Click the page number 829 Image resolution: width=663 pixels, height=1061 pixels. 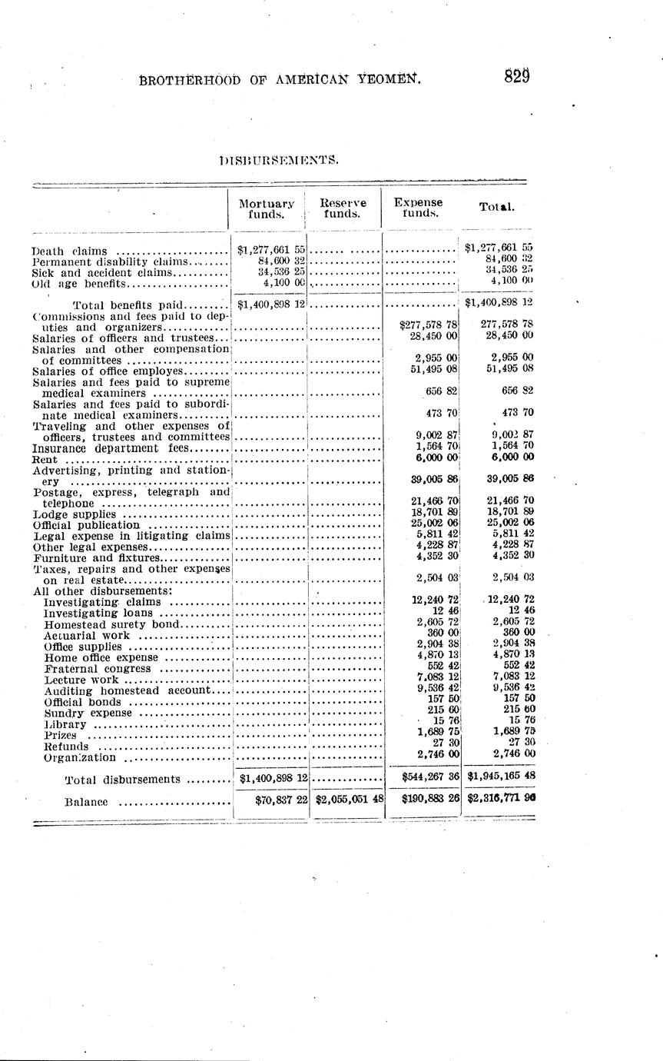click(x=518, y=76)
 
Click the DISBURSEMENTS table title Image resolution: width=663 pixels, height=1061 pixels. click(x=278, y=160)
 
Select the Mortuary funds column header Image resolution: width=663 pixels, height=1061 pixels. click(x=267, y=208)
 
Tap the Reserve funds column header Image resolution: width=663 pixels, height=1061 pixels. click(x=343, y=208)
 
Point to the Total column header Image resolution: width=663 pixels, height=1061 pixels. click(x=496, y=207)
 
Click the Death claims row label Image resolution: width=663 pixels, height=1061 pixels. click(x=69, y=251)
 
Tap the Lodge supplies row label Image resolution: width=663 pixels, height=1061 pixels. click(x=75, y=514)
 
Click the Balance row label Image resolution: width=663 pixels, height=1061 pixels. click(x=86, y=803)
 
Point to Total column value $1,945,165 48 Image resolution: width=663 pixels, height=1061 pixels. click(x=501, y=777)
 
